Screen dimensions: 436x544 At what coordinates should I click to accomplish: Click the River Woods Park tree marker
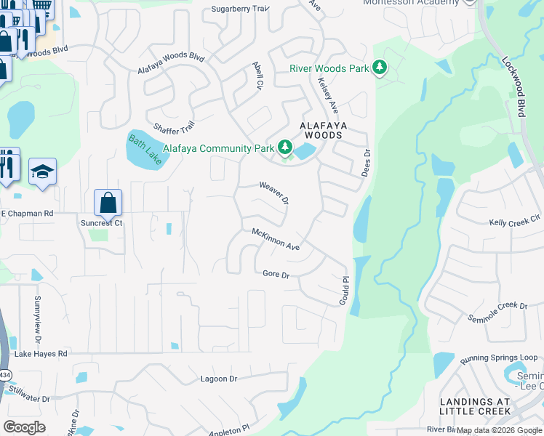(379, 68)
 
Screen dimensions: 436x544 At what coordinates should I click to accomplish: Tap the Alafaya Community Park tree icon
(284, 148)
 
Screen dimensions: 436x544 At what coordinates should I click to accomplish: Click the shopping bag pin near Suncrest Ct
(108, 203)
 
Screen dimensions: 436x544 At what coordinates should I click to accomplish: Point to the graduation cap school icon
(42, 172)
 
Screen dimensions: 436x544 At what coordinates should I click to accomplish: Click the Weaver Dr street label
(275, 193)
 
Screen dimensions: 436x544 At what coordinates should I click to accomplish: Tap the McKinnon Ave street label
(276, 239)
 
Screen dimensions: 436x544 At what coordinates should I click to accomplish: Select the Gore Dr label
(276, 275)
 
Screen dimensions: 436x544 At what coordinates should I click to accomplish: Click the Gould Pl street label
(345, 290)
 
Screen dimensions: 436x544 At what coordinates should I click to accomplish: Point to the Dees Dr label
(367, 163)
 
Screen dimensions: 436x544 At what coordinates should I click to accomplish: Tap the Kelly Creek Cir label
(515, 220)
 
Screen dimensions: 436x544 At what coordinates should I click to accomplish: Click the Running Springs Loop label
(498, 358)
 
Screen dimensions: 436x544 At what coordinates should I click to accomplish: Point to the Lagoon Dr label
(219, 379)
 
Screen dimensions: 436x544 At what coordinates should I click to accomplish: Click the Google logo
(24, 427)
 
